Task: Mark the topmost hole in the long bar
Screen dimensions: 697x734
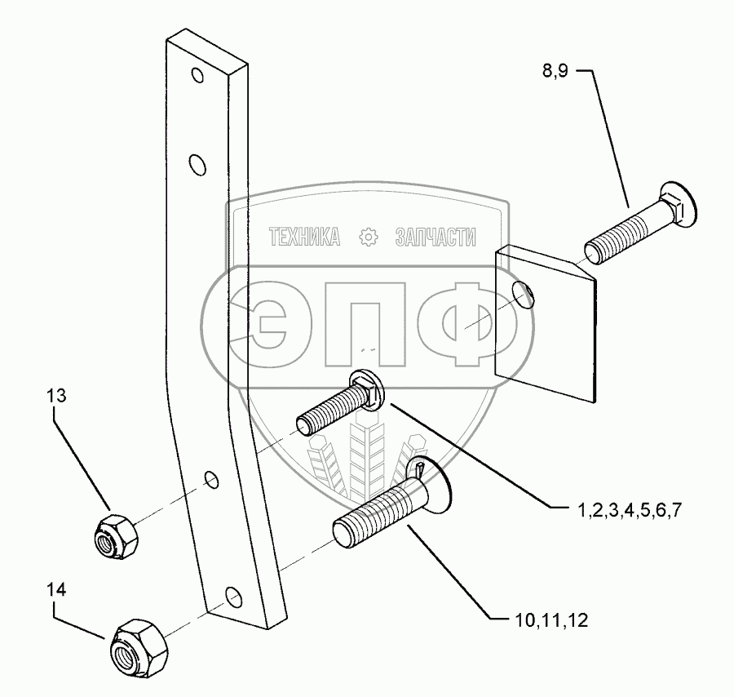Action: coord(197,78)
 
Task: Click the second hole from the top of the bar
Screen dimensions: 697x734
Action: coord(197,166)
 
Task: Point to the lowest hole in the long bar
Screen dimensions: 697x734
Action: coord(233,596)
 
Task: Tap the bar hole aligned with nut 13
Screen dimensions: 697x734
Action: coord(211,479)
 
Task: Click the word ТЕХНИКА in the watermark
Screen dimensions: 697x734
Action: coord(304,237)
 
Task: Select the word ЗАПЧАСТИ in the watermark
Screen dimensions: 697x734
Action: coord(435,237)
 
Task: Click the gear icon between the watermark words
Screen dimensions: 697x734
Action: coord(369,238)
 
